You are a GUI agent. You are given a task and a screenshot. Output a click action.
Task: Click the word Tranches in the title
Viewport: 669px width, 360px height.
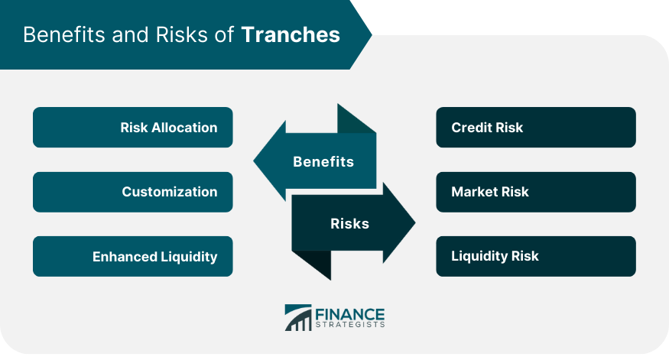291,34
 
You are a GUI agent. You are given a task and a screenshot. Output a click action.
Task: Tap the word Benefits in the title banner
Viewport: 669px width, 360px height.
64,34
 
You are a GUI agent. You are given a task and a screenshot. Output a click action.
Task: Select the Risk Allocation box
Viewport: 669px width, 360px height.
133,127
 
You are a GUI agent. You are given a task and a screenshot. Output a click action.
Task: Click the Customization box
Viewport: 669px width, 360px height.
133,192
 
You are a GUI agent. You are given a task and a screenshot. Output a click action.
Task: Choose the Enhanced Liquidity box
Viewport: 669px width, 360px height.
133,256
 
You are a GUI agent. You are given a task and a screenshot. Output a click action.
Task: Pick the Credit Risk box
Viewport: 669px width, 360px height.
536,127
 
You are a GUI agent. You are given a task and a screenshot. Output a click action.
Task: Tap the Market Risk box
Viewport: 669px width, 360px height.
536,192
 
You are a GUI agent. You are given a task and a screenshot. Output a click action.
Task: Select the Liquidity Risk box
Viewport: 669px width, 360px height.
536,256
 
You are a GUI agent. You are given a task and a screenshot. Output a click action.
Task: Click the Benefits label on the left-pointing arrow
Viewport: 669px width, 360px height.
323,162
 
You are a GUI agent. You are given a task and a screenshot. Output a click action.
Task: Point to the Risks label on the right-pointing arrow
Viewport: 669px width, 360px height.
350,223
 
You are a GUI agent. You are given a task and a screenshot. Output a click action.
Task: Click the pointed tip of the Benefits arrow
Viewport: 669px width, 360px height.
254,161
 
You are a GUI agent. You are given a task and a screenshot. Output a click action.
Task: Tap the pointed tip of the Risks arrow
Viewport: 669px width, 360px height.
415,222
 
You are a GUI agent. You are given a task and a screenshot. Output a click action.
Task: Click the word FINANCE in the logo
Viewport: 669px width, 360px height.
350,315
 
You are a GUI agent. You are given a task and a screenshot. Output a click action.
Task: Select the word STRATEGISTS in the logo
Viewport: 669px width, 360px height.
350,325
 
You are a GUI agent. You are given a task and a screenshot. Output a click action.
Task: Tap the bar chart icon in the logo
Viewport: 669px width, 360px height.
298,318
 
